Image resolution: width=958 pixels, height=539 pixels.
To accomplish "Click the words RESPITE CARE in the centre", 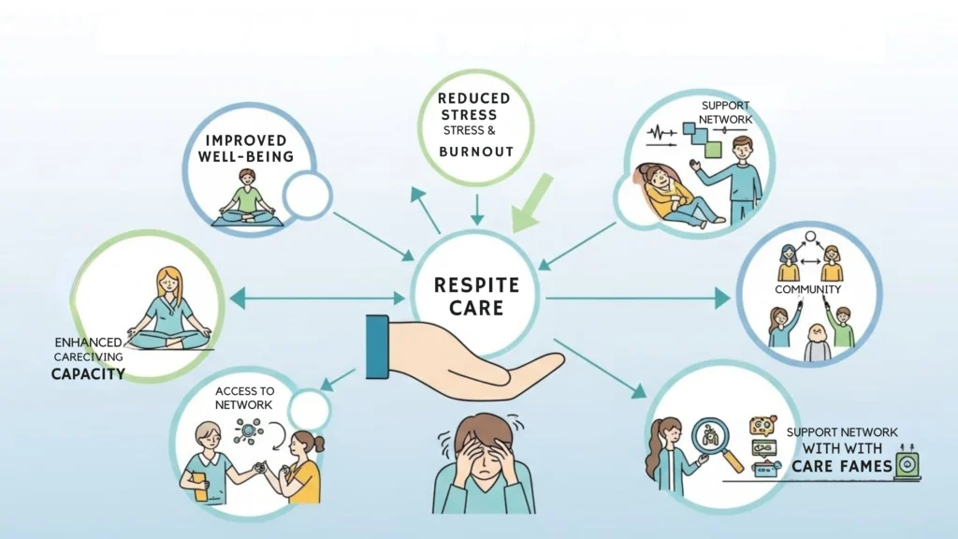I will (477, 295).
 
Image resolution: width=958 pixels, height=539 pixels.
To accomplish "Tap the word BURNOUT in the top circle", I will (477, 152).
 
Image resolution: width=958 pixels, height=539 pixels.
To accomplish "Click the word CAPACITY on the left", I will (88, 375).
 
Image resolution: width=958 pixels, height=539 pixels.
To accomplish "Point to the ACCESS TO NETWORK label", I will (244, 398).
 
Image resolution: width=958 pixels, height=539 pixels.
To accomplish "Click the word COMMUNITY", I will (809, 290).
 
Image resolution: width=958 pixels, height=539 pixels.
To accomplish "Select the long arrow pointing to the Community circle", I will (636, 299).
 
